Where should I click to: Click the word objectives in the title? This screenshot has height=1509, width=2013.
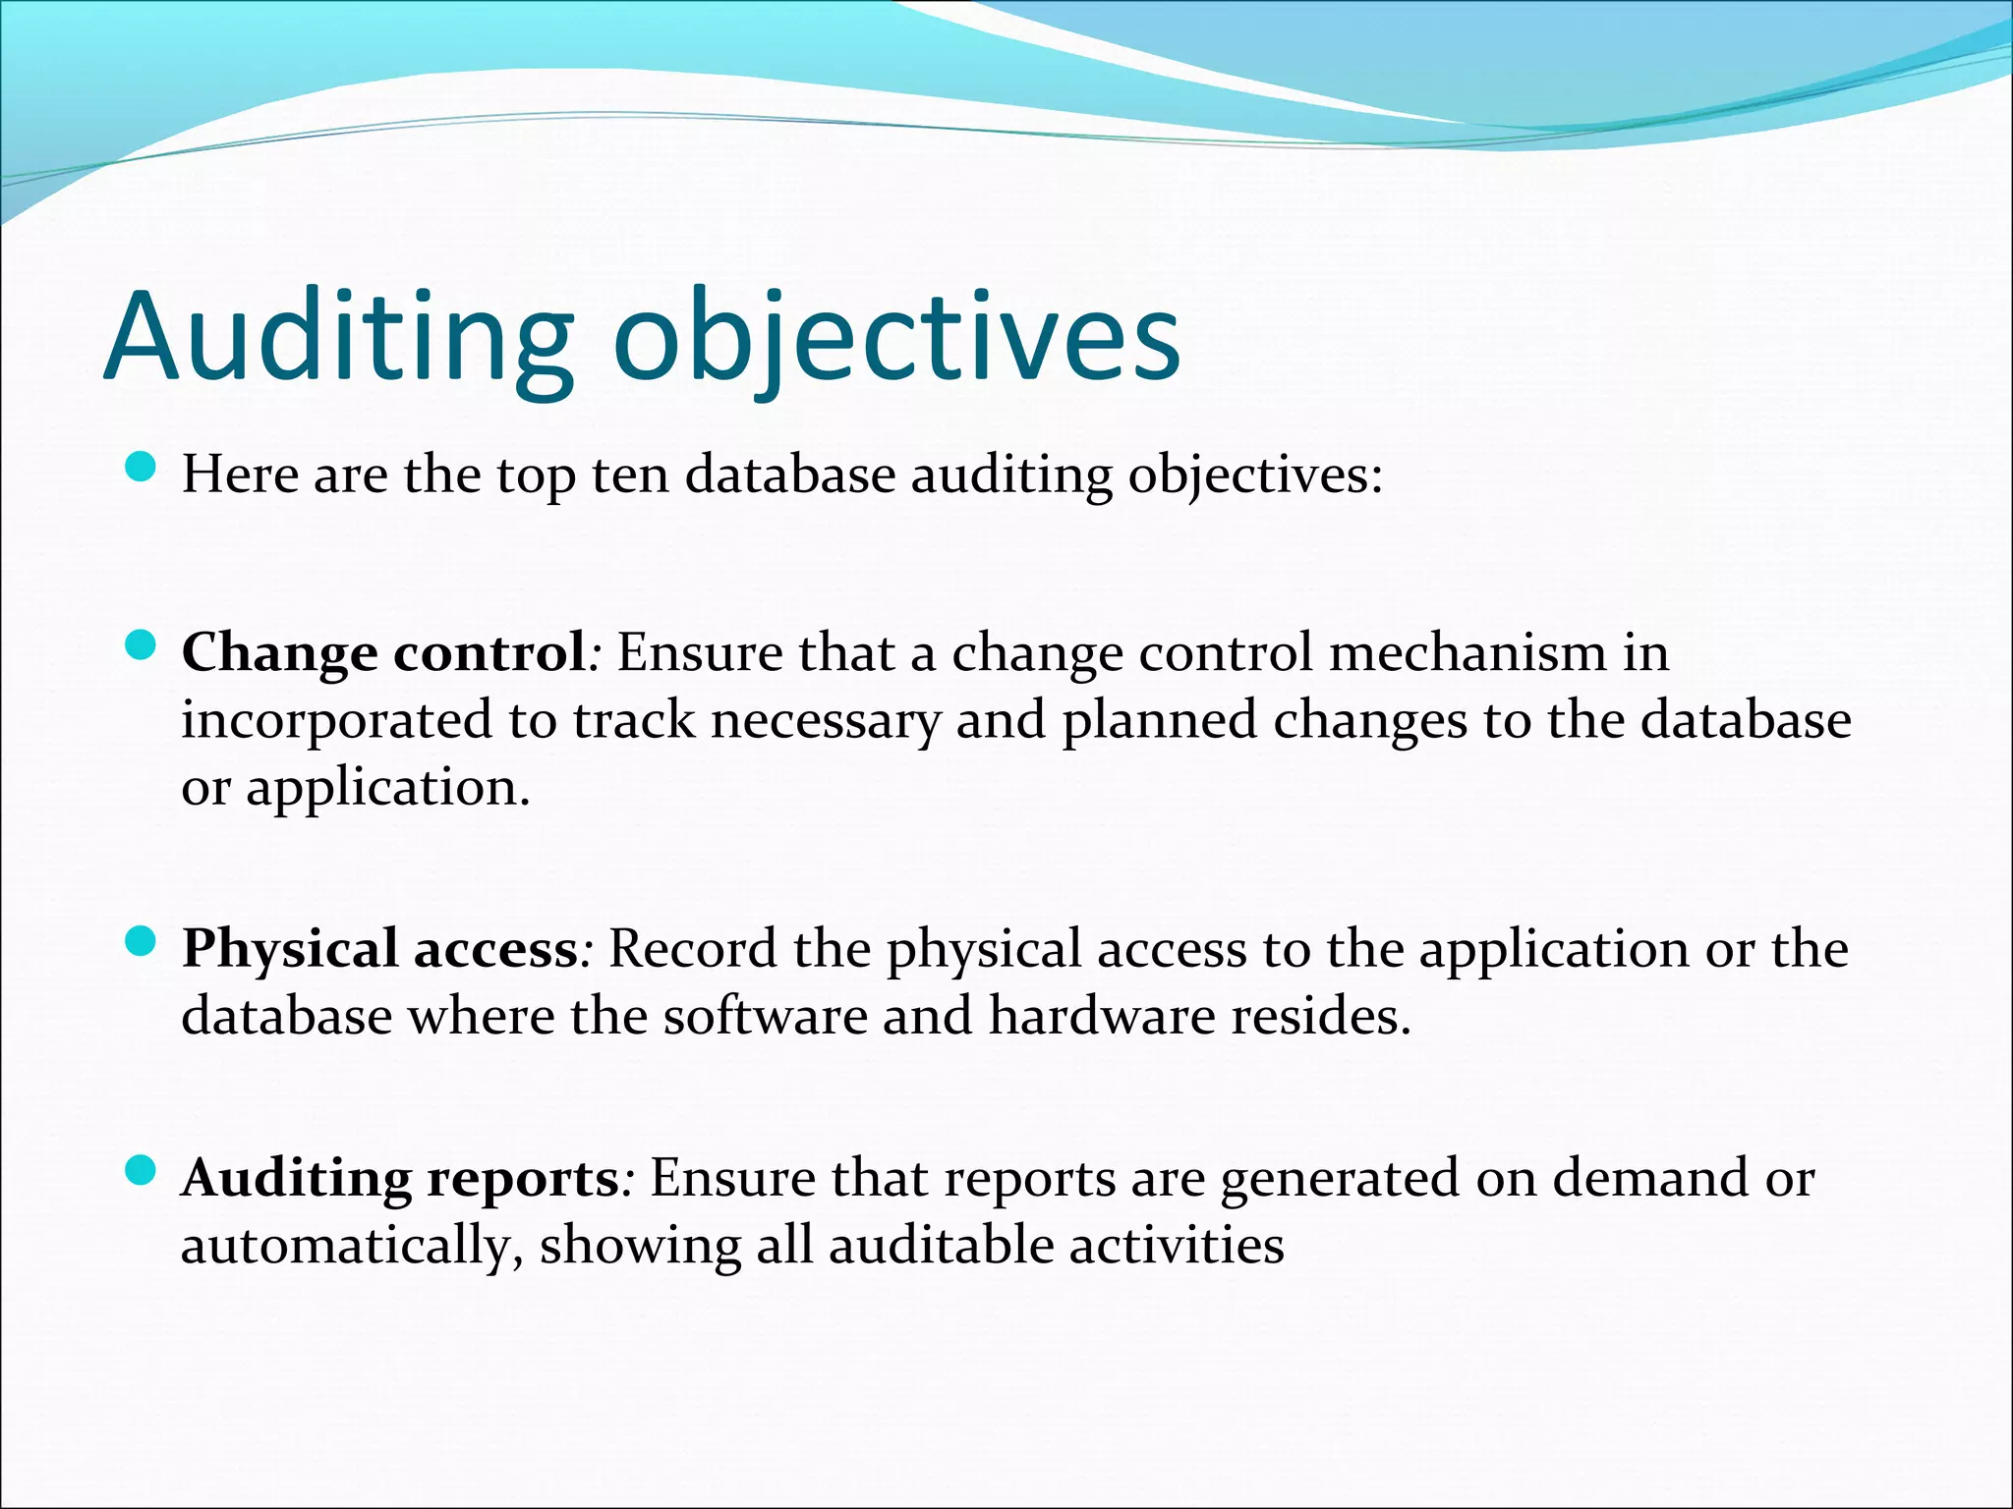(896, 336)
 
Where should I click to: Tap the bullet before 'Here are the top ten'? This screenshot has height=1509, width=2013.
(142, 468)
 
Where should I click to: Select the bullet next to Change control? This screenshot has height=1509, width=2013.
(142, 645)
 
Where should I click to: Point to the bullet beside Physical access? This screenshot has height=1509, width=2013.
(142, 942)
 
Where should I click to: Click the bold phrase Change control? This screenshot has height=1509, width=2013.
(384, 652)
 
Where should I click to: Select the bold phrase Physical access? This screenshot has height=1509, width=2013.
(380, 949)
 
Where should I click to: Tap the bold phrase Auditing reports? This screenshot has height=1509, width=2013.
(400, 1178)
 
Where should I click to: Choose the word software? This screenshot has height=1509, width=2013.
(765, 1016)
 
